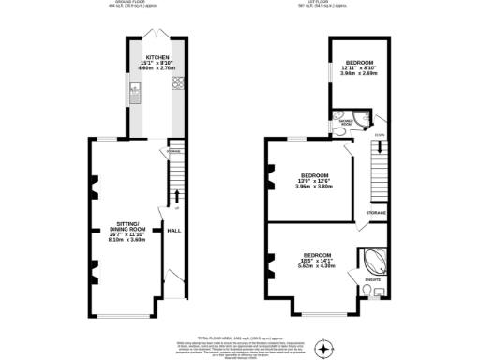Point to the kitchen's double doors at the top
pos(156,34)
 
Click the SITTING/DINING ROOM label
pos(126,225)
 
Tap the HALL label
pos(173,230)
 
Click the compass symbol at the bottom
pos(324,351)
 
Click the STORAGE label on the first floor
pos(376,214)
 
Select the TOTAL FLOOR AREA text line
pos(240,335)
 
